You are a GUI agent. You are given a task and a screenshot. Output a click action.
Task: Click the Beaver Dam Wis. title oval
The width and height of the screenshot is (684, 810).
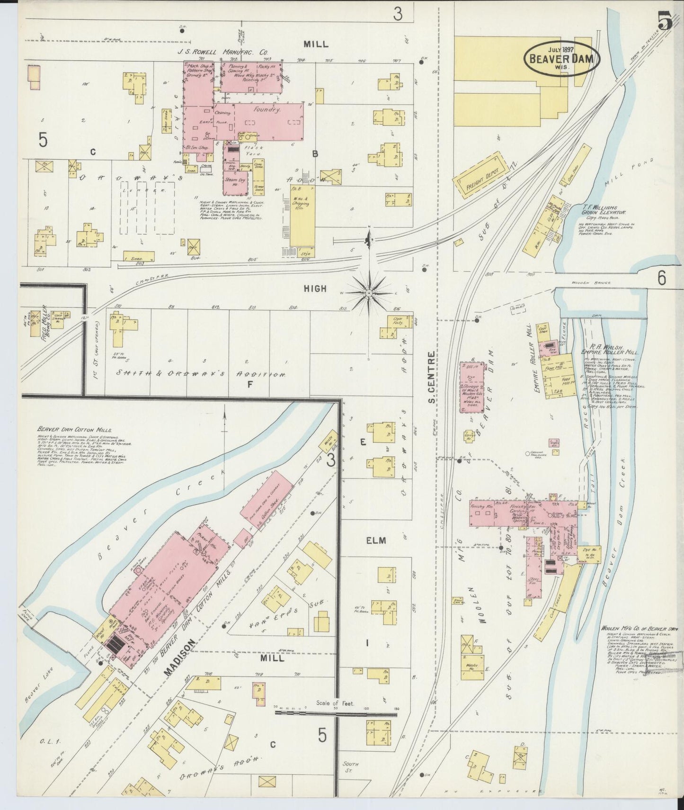(x=562, y=59)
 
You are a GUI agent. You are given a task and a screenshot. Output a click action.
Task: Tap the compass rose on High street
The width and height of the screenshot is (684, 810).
(x=369, y=293)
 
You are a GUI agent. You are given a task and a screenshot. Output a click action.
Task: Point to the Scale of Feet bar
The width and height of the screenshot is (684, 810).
(x=336, y=713)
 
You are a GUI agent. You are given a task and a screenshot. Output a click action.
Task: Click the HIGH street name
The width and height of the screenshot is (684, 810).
(x=315, y=288)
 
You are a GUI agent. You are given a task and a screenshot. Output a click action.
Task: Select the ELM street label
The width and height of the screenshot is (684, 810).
(x=375, y=540)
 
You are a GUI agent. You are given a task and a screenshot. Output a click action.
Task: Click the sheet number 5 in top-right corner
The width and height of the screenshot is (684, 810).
(x=665, y=21)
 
